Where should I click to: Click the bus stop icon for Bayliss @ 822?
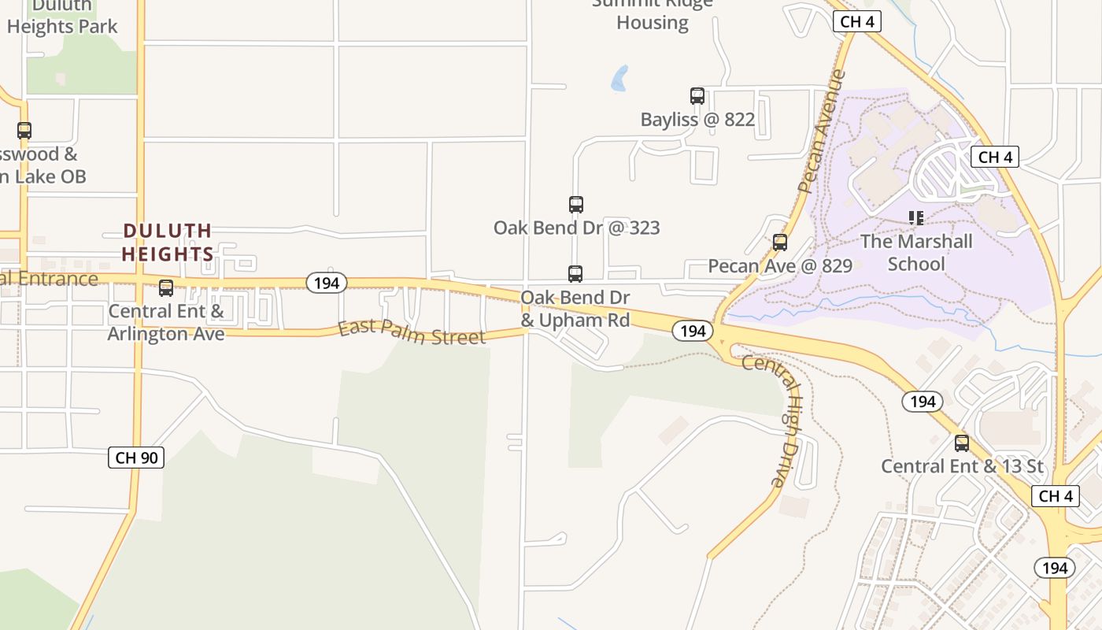click(697, 96)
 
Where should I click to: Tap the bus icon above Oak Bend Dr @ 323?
click(576, 205)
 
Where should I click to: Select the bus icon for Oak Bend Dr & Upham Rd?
click(575, 274)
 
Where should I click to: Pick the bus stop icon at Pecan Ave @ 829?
click(780, 243)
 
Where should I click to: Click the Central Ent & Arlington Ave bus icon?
click(166, 288)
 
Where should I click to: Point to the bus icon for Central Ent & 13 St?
click(962, 443)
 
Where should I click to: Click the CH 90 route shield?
click(136, 458)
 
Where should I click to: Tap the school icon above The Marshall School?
click(915, 217)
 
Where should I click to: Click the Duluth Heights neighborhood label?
click(168, 243)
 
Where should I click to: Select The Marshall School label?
click(916, 253)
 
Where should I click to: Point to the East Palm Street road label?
click(412, 332)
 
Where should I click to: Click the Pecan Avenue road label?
click(821, 132)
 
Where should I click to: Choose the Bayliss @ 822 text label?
click(697, 120)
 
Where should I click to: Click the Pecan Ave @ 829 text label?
click(780, 266)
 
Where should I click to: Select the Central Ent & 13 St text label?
click(962, 466)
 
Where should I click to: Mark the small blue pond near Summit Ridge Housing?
click(619, 78)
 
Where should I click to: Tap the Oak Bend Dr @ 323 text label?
click(576, 228)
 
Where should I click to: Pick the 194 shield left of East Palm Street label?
click(326, 283)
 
